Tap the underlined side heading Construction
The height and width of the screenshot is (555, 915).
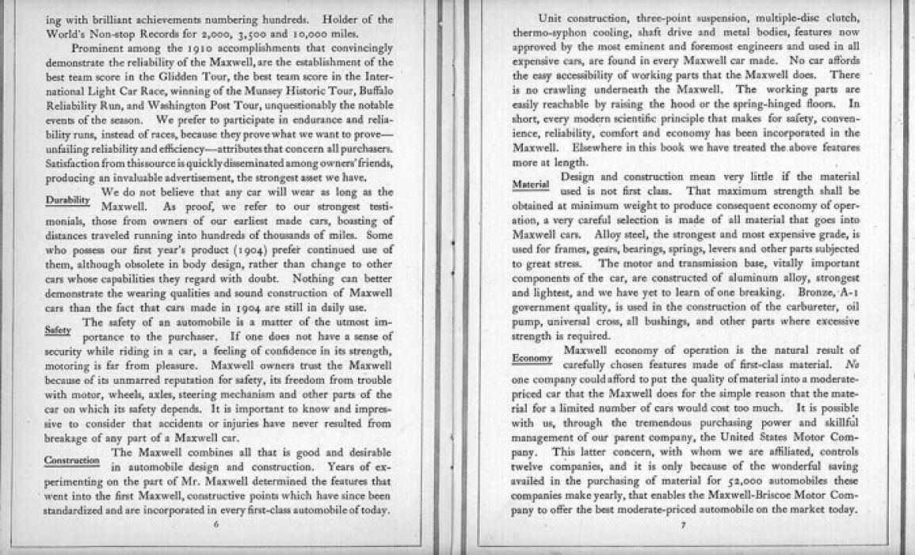click(x=72, y=460)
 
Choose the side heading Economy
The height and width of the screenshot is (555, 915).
click(x=532, y=359)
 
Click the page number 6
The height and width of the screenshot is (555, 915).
click(x=216, y=524)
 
